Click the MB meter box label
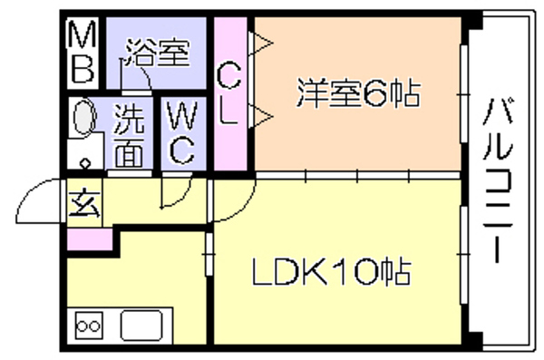pyautogui.click(x=83, y=52)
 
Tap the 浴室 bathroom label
pyautogui.click(x=158, y=53)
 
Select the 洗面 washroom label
pyautogui.click(x=129, y=135)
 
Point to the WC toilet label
pyautogui.click(x=182, y=132)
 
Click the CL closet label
pyautogui.click(x=228, y=93)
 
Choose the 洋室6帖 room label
pyautogui.click(x=358, y=93)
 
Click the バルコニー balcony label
pyautogui.click(x=498, y=180)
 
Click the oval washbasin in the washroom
pyautogui.click(x=84, y=117)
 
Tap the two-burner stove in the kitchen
pyautogui.click(x=89, y=326)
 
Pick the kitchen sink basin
pyautogui.click(x=141, y=326)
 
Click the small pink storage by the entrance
pyautogui.click(x=90, y=239)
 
